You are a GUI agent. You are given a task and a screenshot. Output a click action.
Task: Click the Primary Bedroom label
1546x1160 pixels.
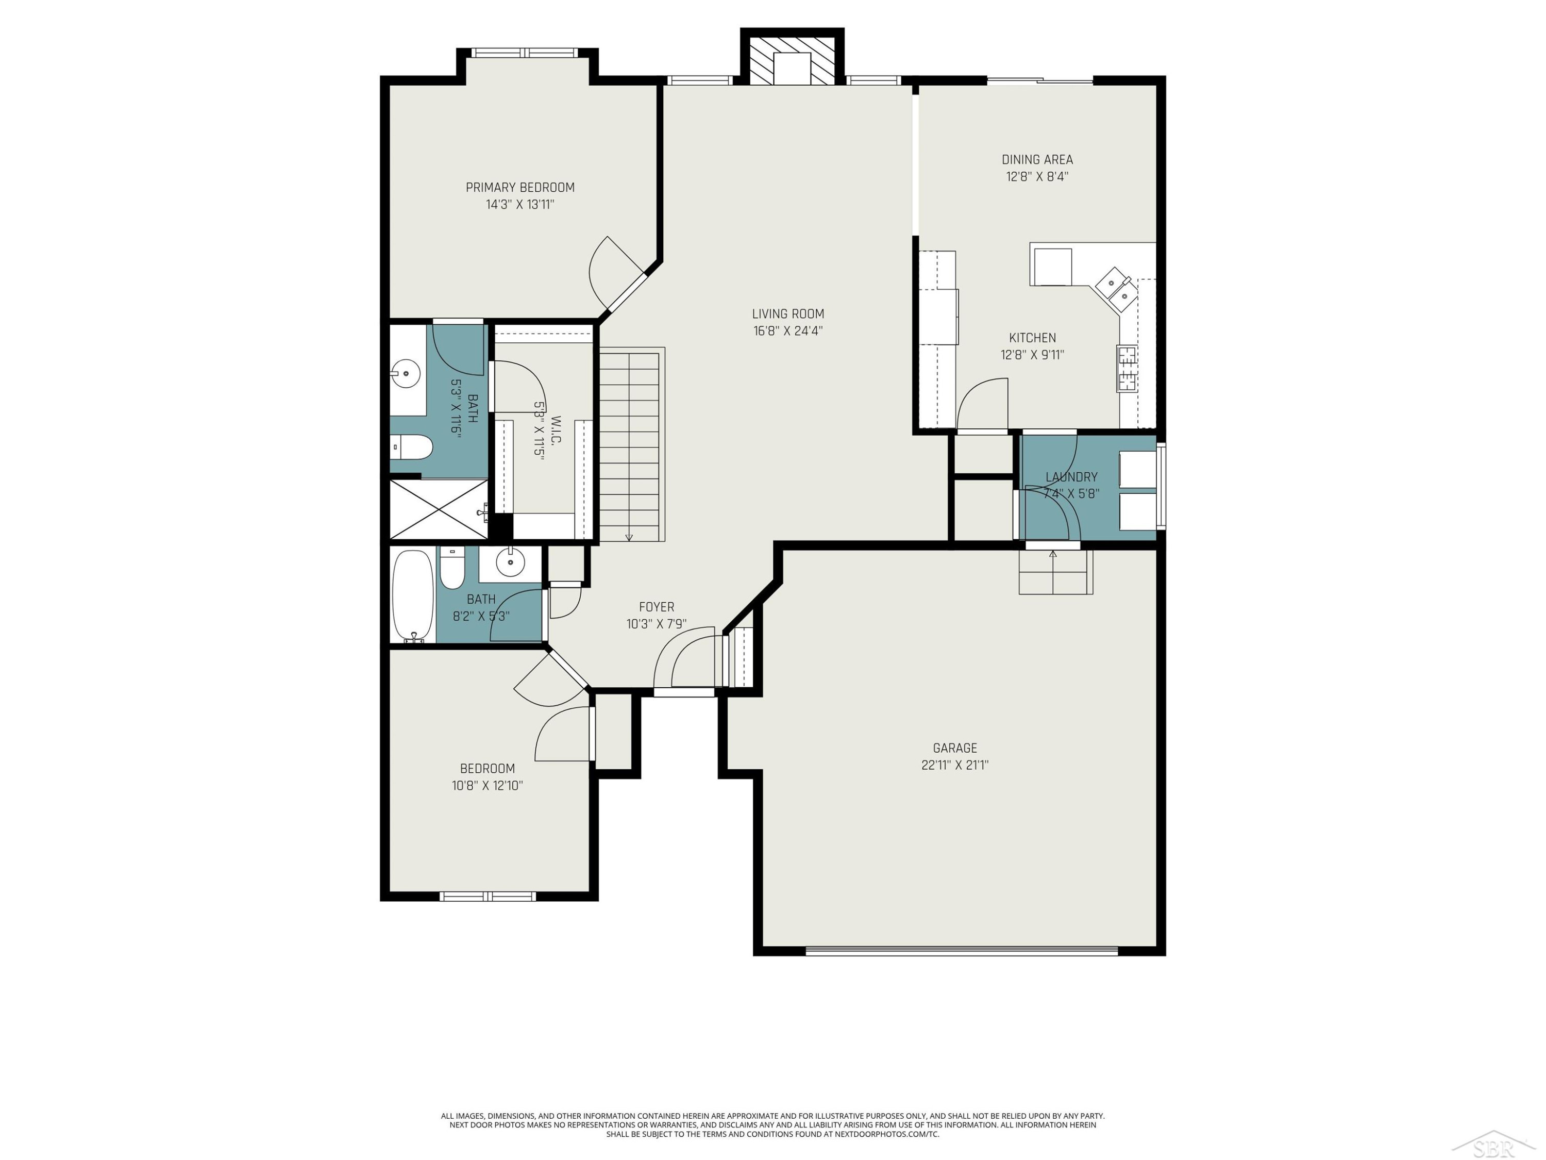[x=520, y=187]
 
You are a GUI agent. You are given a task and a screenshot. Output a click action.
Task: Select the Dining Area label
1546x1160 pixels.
[x=1037, y=159]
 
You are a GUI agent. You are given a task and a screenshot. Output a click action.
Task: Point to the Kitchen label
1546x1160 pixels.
[x=1032, y=338]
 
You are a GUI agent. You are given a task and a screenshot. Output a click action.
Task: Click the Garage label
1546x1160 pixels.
[x=955, y=748]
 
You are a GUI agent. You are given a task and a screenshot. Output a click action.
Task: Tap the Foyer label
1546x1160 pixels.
[x=657, y=607]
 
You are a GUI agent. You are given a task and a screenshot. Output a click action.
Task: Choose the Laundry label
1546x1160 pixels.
[x=1071, y=477]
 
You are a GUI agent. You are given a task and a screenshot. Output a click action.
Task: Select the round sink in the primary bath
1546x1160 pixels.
[x=406, y=373]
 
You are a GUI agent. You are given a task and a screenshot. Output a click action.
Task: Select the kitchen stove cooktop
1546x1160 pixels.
[x=1126, y=369]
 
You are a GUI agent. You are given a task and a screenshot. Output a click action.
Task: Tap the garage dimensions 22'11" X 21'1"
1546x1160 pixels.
[x=955, y=765]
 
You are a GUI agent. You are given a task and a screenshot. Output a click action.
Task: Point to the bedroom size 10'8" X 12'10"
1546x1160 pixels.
[x=487, y=785]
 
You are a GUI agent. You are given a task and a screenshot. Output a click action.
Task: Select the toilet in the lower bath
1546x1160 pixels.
[x=452, y=568]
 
